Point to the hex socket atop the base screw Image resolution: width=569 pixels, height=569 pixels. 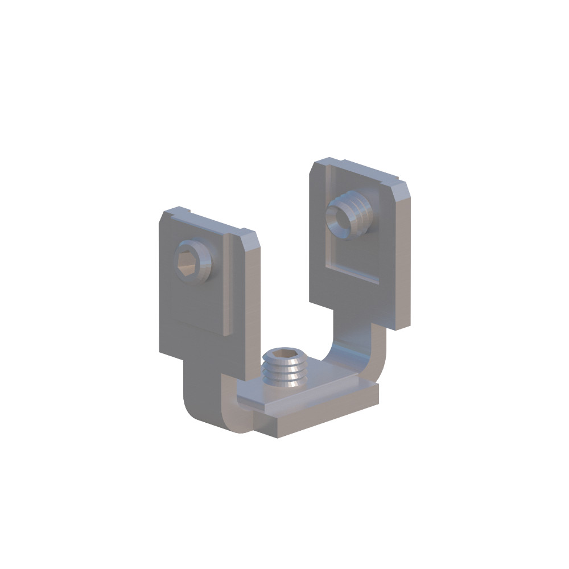[x=284, y=358]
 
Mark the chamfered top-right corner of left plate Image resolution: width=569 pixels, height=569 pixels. [x=254, y=237]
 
